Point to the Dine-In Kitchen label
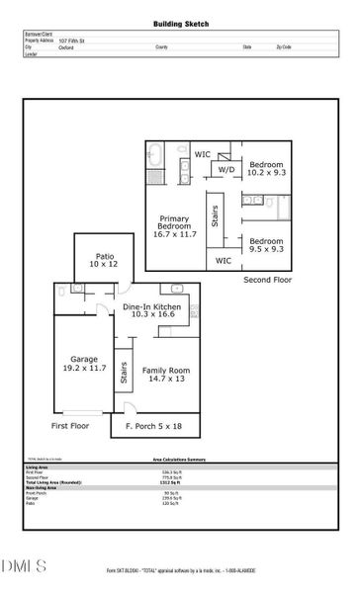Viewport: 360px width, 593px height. click(151, 313)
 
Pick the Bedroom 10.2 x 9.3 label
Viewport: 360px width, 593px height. click(266, 169)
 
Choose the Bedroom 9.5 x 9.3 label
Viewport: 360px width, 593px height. click(266, 245)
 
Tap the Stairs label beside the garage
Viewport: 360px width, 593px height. click(124, 373)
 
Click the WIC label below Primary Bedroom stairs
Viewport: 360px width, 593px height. click(223, 261)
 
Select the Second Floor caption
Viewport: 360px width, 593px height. click(268, 281)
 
